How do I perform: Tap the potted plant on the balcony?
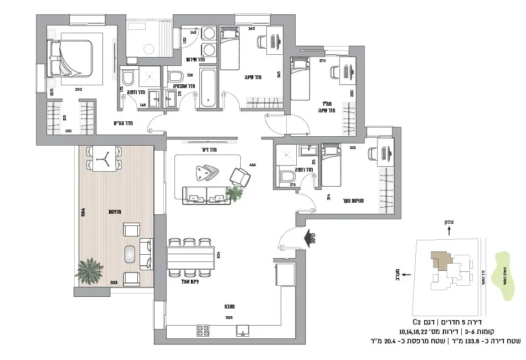[x=90, y=271]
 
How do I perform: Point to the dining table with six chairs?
[x=190, y=257]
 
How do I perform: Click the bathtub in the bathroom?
[x=209, y=88]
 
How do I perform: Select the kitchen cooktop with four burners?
[x=204, y=331]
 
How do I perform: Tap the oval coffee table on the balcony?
[x=131, y=254]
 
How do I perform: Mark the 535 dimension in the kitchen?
[x=228, y=318]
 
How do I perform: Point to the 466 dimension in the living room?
[x=252, y=164]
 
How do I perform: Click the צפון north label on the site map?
[x=449, y=222]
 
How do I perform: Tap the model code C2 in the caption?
[x=416, y=322]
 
